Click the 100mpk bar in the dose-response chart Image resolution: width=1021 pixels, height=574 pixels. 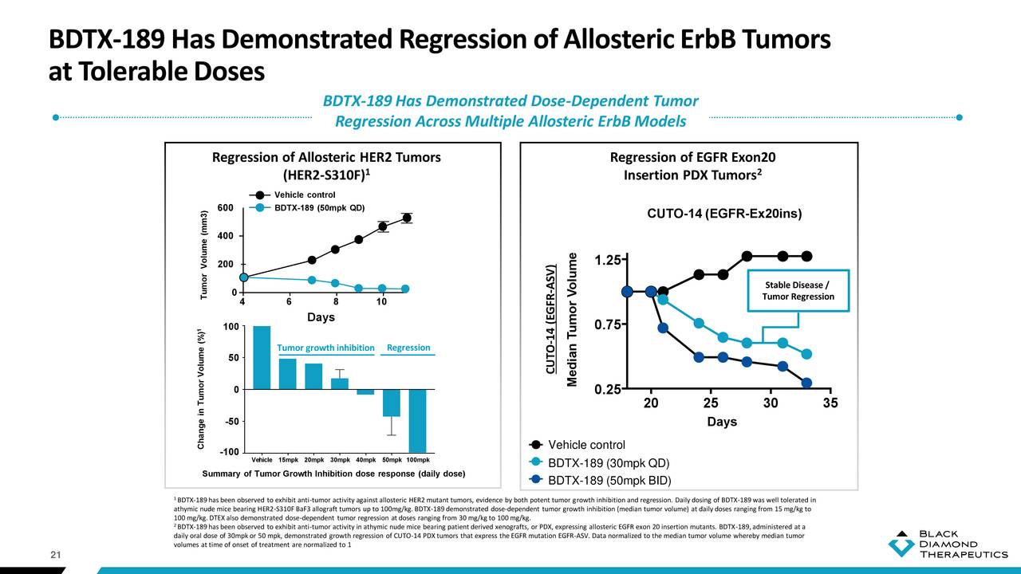tap(418, 420)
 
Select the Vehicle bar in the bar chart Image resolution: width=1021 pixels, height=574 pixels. tap(262, 357)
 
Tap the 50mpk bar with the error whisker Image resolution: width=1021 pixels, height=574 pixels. tap(391, 403)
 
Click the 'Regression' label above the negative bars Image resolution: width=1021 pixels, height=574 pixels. tap(408, 348)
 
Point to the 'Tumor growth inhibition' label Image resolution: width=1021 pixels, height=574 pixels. tap(325, 348)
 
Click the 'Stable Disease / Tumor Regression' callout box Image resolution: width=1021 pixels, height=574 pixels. tap(798, 291)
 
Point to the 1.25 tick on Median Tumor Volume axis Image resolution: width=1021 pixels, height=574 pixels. tap(609, 261)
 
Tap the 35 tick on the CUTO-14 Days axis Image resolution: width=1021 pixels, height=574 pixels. tap(830, 403)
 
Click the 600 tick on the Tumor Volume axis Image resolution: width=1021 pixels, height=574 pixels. tap(225, 208)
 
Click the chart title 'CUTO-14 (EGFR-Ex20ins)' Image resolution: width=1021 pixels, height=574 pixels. tap(723, 214)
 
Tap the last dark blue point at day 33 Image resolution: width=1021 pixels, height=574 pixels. tap(806, 383)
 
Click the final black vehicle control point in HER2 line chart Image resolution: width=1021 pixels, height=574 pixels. tap(407, 218)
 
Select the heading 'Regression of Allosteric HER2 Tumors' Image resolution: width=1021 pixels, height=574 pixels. tap(326, 157)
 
